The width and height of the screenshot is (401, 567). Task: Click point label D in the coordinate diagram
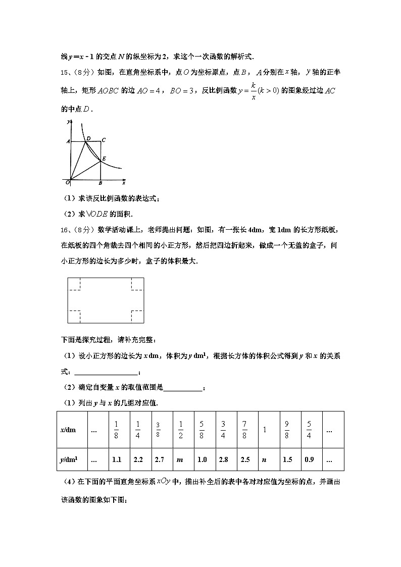[88, 138]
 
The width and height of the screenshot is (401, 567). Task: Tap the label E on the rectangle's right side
[104, 159]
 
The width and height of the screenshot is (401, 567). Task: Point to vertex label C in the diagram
[104, 140]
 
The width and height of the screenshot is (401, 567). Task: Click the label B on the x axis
[101, 183]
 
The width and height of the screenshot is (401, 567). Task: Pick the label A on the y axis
[68, 142]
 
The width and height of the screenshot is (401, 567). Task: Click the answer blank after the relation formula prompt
[106, 373]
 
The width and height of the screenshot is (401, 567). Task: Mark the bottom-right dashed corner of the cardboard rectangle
[137, 317]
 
